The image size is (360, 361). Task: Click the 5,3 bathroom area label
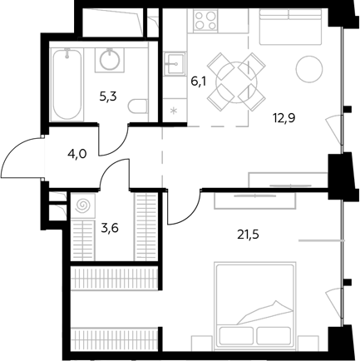[108, 96]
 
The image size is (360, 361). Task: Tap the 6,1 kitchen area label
[200, 82]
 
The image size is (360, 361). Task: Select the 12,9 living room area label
[284, 118]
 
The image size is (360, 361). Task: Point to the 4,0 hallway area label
[77, 153]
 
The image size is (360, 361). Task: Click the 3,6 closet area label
[110, 228]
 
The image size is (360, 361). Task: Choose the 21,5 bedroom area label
[248, 235]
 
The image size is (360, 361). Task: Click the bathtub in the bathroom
[67, 85]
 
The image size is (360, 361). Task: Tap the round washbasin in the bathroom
[110, 60]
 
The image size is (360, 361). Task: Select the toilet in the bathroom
[137, 106]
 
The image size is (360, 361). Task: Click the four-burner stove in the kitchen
[205, 21]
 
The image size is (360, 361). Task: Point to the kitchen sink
[174, 64]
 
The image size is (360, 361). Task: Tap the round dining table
[236, 82]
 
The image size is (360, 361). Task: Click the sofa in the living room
[291, 27]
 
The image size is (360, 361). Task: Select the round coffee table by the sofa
[309, 69]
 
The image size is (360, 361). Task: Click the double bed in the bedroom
[254, 304]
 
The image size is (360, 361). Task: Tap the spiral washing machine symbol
[83, 205]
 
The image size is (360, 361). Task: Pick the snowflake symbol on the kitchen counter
[174, 111]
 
